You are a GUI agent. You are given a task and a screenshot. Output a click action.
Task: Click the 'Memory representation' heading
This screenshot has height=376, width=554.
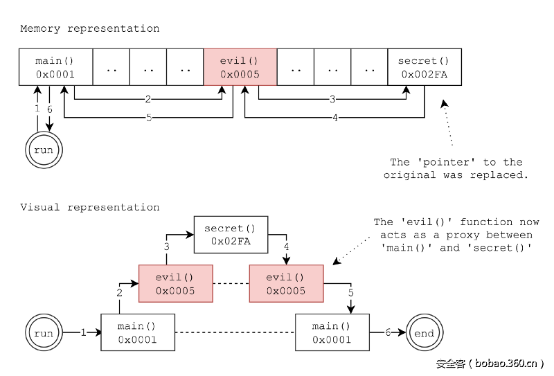click(89, 28)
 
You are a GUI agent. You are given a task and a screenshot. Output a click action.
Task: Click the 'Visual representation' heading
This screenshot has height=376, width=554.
click(89, 207)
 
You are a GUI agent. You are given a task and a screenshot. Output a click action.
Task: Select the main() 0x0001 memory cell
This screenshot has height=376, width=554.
click(55, 67)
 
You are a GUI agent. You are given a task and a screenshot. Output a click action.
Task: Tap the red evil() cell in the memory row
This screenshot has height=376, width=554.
click(240, 67)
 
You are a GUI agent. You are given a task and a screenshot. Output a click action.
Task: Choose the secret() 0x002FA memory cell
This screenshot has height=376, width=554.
click(423, 67)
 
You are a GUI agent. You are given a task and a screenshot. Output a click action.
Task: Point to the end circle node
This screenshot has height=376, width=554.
click(424, 333)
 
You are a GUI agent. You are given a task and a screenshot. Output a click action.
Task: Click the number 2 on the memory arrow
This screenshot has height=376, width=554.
click(148, 99)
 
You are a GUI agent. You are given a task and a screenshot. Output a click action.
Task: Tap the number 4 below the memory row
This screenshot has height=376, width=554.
click(335, 118)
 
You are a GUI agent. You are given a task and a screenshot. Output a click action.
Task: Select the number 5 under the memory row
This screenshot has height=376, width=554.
click(149, 118)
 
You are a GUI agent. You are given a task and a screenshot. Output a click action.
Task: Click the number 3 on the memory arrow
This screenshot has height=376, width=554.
click(332, 99)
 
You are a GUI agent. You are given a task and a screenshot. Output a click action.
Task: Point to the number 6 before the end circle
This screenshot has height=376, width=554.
click(388, 333)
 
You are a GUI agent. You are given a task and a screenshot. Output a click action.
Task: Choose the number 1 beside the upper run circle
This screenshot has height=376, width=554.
click(37, 109)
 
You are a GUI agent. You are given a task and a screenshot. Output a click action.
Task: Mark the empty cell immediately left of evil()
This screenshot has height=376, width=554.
click(185, 67)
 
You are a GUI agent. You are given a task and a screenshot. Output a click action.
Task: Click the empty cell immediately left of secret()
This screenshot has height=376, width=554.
click(369, 67)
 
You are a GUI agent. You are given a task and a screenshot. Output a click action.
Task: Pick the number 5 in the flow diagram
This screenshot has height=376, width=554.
click(351, 293)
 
